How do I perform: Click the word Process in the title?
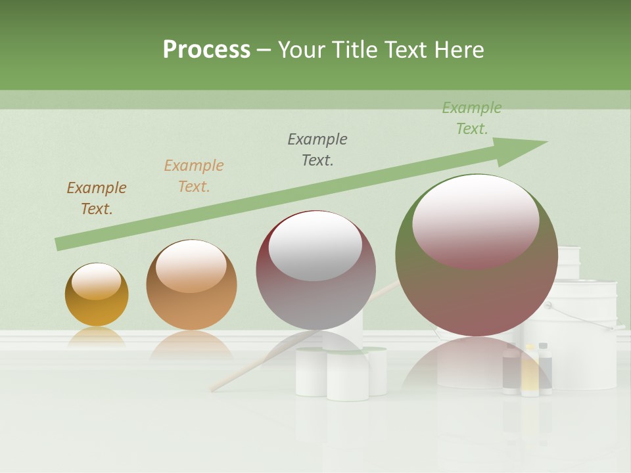206,49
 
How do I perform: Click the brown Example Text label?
97,198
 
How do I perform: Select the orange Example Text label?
194,176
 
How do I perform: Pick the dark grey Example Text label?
317,150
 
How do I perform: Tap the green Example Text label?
472,118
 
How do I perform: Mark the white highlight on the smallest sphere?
96,281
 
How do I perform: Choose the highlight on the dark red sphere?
315,246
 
